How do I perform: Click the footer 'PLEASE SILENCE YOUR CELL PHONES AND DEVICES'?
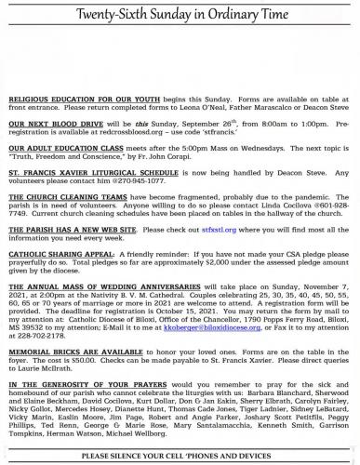pos(180,456)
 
